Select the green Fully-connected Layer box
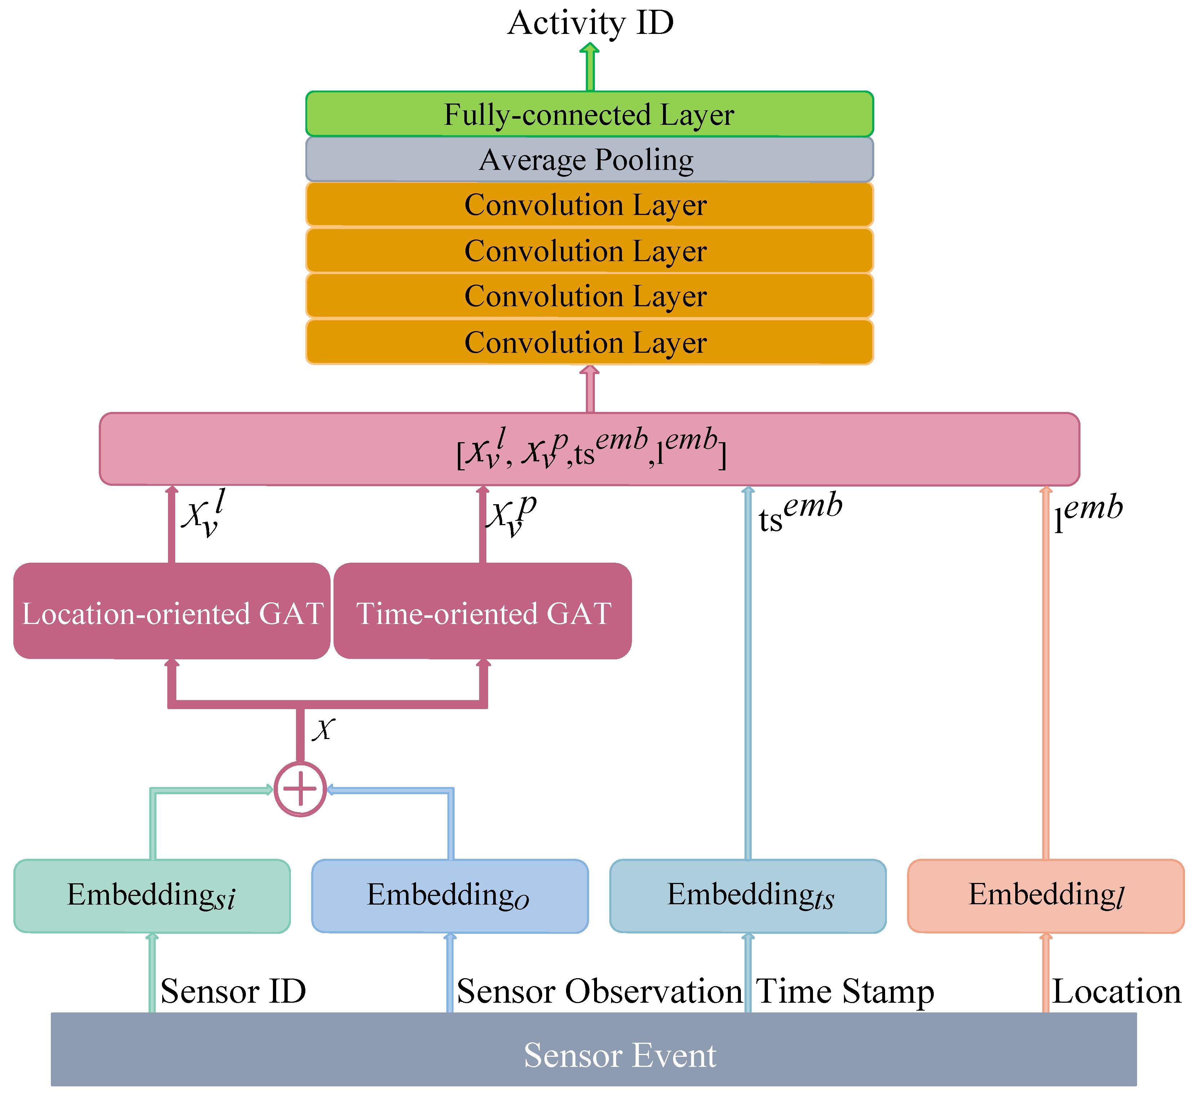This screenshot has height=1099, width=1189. click(x=589, y=114)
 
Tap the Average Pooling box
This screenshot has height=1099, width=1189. click(x=589, y=159)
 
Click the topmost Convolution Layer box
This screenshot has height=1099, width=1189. click(x=589, y=205)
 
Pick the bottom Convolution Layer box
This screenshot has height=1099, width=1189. click(x=589, y=342)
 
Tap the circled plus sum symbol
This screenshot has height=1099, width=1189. click(x=300, y=789)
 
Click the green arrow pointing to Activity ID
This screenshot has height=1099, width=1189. click(x=590, y=67)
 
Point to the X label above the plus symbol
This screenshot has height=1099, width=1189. click(x=324, y=729)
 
